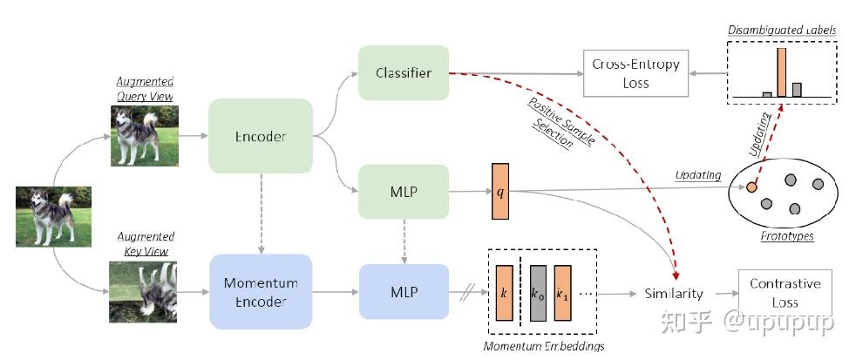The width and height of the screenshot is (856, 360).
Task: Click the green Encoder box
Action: (x=261, y=137)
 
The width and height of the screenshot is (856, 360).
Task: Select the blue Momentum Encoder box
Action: (x=261, y=291)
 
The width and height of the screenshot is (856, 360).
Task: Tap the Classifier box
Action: (x=403, y=73)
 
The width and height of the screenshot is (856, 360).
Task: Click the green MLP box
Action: (x=403, y=191)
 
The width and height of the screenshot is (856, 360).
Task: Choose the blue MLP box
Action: (x=403, y=291)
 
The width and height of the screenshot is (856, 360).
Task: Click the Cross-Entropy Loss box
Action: (x=635, y=73)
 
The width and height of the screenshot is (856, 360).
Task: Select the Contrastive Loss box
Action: (x=785, y=292)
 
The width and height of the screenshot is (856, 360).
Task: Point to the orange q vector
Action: (x=500, y=191)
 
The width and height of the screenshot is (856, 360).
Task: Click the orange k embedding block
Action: (x=504, y=295)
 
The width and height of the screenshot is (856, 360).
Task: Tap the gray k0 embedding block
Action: (x=536, y=295)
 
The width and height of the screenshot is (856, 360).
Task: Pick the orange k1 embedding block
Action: (x=562, y=295)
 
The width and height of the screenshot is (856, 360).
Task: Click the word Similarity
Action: (x=674, y=294)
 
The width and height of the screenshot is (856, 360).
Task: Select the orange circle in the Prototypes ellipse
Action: (x=751, y=187)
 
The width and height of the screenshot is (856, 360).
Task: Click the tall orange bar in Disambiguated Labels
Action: (x=781, y=71)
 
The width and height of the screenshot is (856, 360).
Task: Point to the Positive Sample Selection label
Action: (x=554, y=122)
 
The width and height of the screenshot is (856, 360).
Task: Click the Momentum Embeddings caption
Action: (x=544, y=346)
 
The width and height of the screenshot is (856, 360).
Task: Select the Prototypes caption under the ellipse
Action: (x=785, y=236)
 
